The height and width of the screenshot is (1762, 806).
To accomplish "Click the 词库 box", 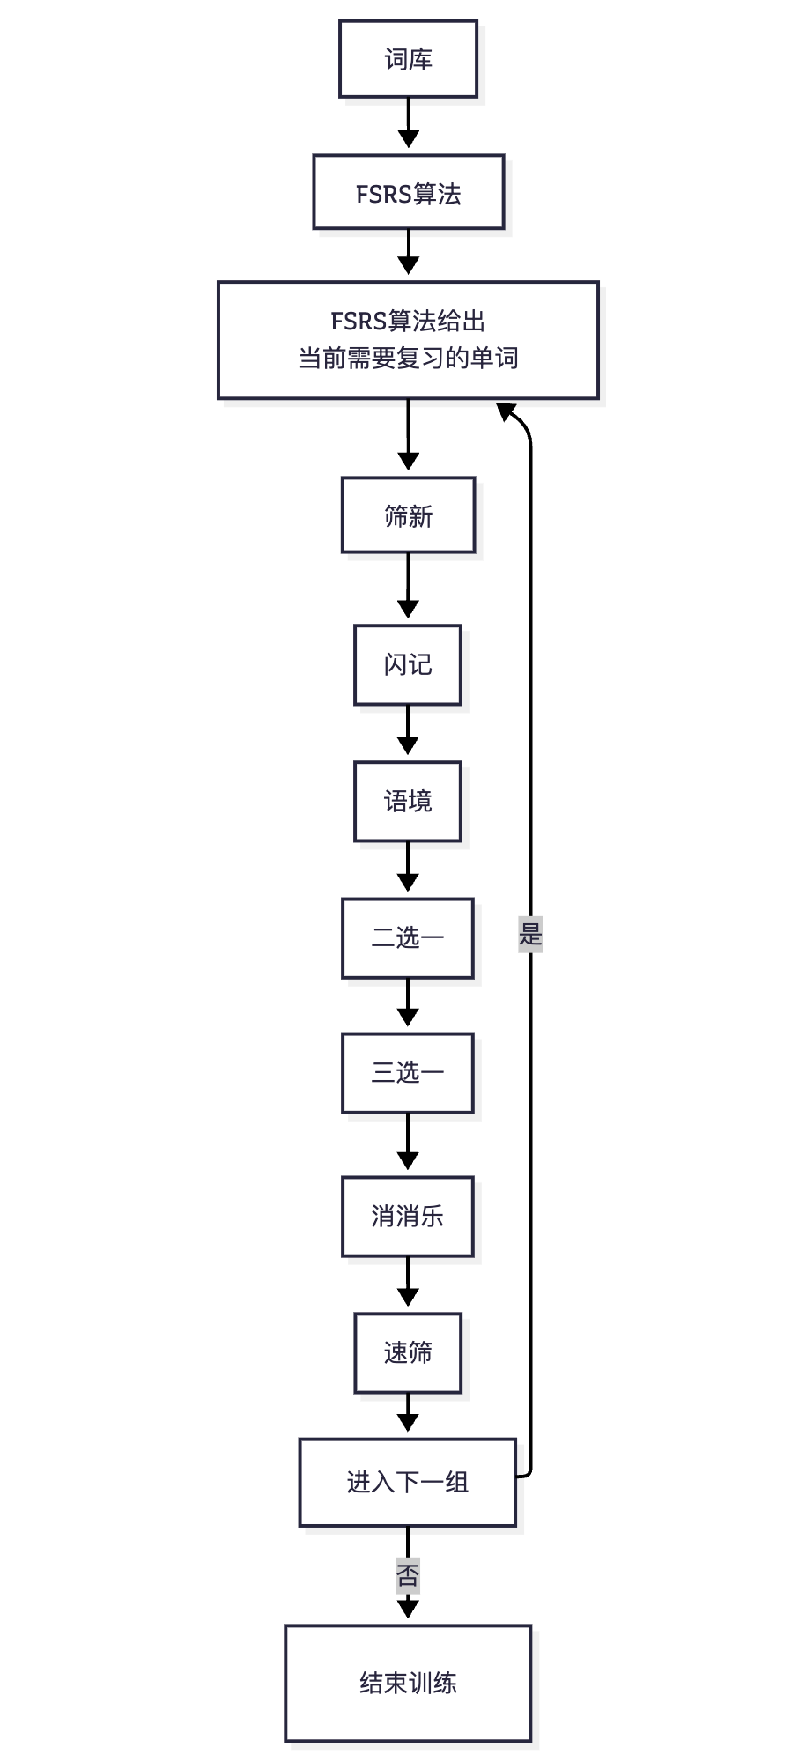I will coord(408,59).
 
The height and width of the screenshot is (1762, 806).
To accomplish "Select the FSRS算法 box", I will coord(408,193).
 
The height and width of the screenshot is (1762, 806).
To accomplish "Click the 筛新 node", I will coord(408,515).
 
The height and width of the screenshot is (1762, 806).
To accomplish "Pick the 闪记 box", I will coord(408,664).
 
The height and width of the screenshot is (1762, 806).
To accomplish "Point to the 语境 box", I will coord(408,801).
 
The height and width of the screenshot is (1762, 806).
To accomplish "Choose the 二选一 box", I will coord(408,937).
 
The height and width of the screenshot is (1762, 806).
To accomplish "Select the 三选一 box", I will coord(408,1072).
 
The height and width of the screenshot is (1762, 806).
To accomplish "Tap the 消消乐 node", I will coord(408,1216).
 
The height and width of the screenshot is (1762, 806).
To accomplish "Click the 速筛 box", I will coord(408,1352).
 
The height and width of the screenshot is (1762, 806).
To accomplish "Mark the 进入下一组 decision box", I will coord(408,1482).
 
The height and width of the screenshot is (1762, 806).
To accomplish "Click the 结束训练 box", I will coord(408,1683).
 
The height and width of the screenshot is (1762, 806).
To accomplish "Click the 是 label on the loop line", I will coord(530,934).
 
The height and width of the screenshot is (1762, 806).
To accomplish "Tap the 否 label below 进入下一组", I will coord(408,1574).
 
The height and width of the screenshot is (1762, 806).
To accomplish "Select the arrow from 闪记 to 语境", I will coord(408,731).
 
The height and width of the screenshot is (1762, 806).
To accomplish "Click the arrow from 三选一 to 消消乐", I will coord(408,1143).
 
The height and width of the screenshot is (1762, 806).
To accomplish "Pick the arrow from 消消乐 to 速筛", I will coord(408,1284).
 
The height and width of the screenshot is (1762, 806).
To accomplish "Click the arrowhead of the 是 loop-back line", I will coord(506,411).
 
